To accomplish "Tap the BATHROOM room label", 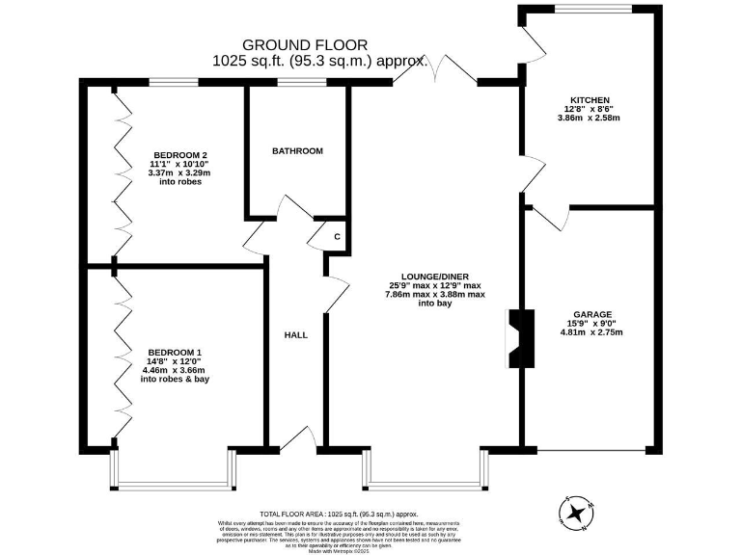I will coord(297,151).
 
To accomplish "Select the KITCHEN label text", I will coord(589,100).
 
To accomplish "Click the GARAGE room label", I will coord(591,314).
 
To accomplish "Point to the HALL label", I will coord(295,335).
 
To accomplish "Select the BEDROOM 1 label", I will coord(174,352).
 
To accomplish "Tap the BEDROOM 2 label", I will coord(180,155).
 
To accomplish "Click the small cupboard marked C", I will coord(337,237).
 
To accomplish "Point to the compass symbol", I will coord(577,513).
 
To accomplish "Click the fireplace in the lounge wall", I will coord(519,338).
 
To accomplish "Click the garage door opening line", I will coord(591,450).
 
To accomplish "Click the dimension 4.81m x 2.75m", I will coord(591,332).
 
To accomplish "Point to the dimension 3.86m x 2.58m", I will coord(589,119).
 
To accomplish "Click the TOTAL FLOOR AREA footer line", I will coord(344,515).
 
